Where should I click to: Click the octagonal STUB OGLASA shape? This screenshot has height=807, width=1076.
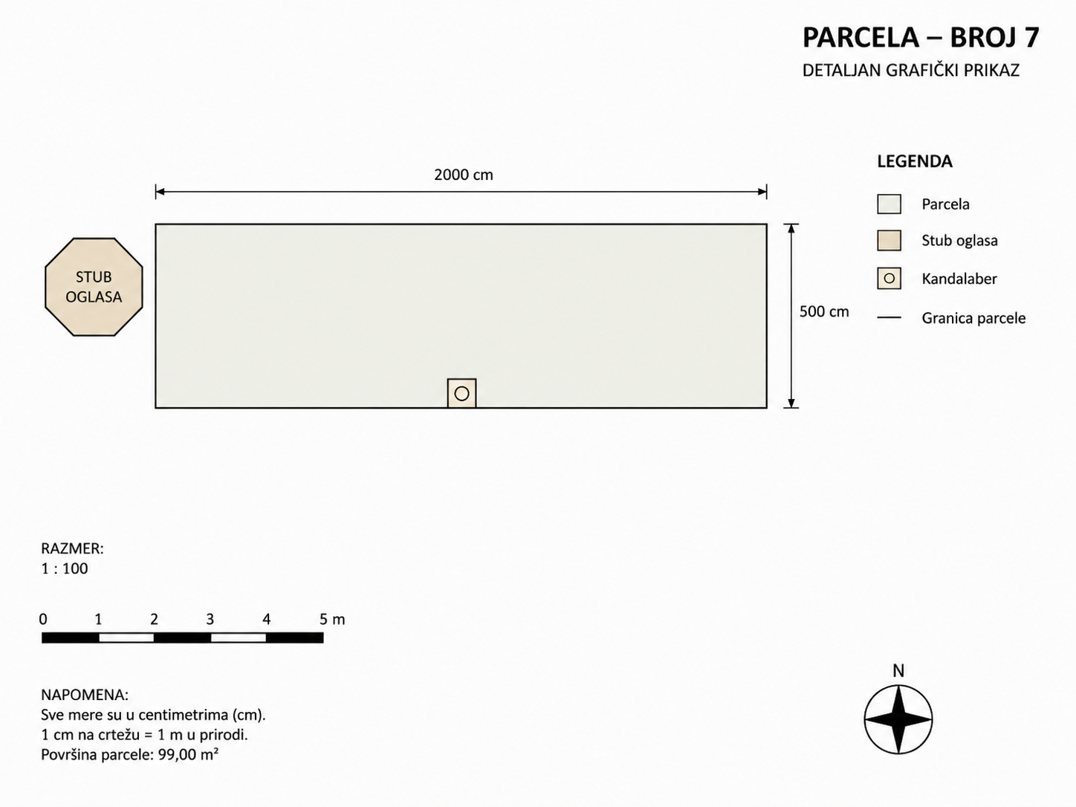94,287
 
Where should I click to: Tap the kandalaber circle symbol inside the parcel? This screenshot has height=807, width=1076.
461,393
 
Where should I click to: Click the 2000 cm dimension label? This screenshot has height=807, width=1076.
463,175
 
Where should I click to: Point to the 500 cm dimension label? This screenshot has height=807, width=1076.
824,311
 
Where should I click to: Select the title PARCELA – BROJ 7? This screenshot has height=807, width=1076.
921,38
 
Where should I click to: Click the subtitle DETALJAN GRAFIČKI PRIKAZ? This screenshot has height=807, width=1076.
911,71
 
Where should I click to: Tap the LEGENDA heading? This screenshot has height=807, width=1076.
915,161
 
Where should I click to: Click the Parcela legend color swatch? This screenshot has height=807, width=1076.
889,204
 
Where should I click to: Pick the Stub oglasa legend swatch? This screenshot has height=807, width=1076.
889,241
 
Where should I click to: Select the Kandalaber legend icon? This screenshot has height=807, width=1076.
889,279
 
